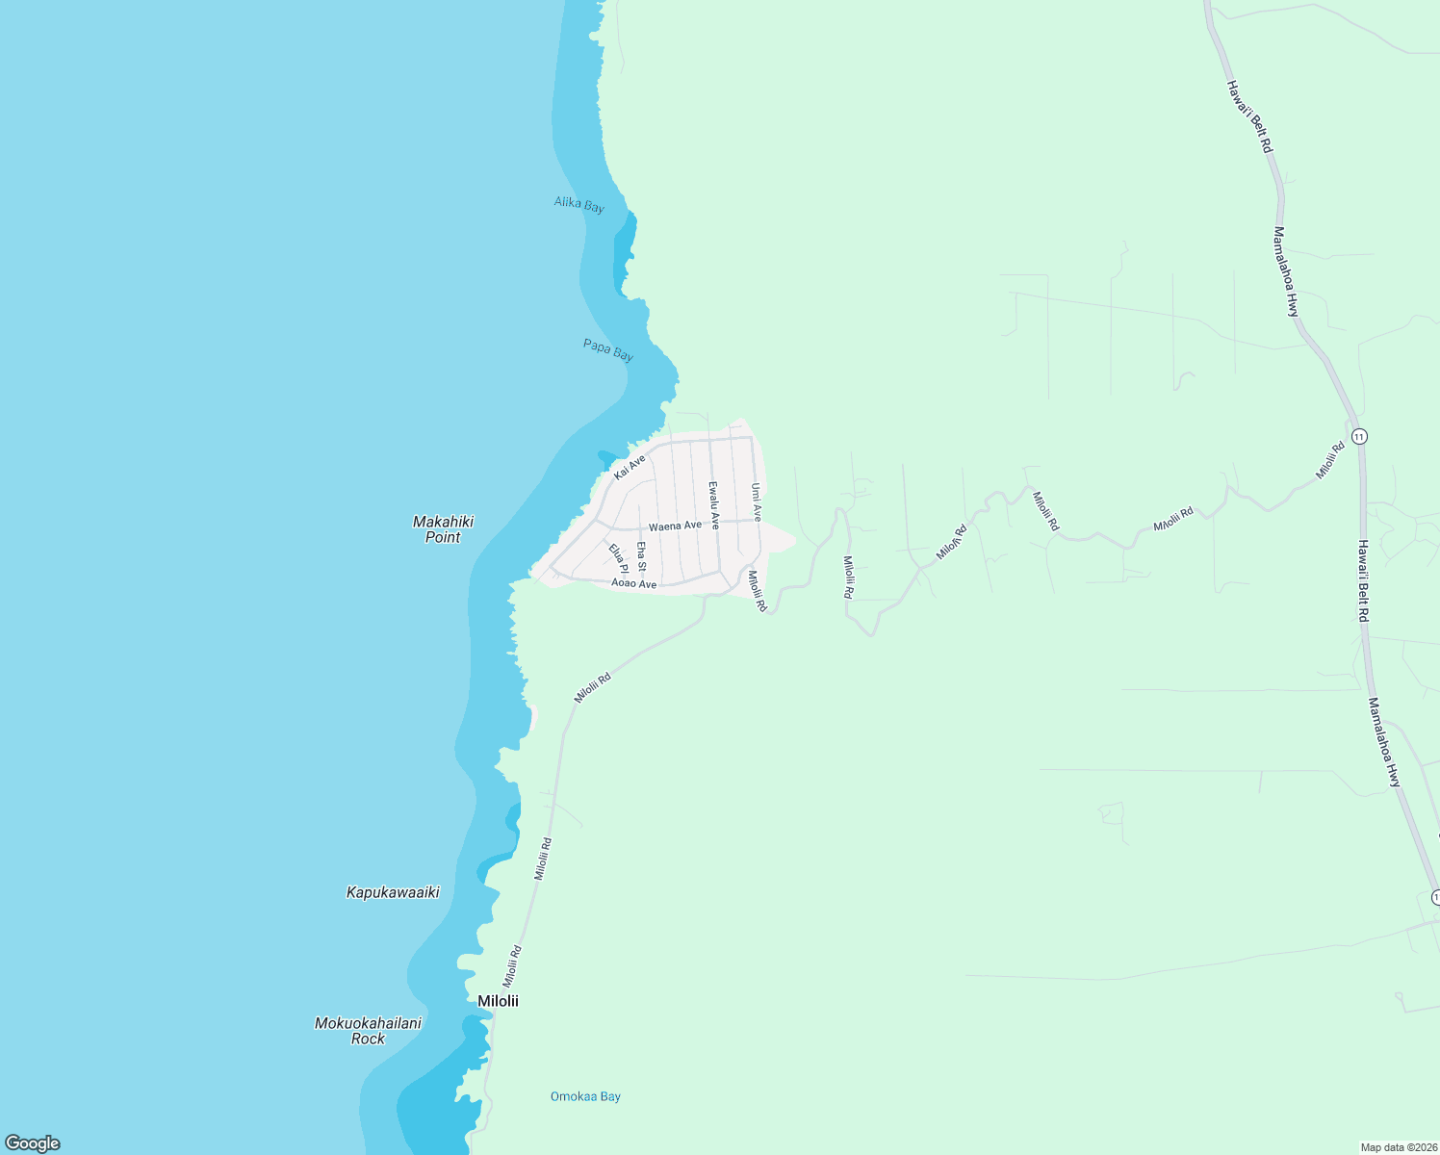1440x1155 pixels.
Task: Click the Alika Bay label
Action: [579, 204]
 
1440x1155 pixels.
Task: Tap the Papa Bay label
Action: [607, 349]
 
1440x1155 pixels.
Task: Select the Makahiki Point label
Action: [443, 529]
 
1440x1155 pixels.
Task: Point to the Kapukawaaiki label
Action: [393, 892]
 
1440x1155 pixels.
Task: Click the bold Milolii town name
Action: [498, 1001]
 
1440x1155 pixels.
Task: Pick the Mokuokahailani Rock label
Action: [368, 1031]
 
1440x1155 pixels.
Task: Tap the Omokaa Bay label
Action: [585, 1096]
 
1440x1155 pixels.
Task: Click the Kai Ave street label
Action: [630, 468]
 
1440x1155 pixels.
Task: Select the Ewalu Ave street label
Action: [713, 505]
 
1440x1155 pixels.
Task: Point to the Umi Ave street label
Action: [757, 501]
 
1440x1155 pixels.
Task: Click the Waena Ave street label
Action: [675, 526]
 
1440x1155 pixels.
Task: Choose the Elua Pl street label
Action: [618, 559]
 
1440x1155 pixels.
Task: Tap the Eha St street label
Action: [641, 556]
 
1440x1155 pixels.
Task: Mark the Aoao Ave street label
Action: [634, 583]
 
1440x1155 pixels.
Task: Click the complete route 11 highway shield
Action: [1358, 436]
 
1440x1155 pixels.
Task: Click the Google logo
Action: [33, 1143]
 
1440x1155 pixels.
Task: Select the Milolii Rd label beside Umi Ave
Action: [758, 592]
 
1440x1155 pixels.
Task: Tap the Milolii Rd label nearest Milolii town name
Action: [511, 965]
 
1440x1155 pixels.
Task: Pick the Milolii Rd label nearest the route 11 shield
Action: [1330, 461]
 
